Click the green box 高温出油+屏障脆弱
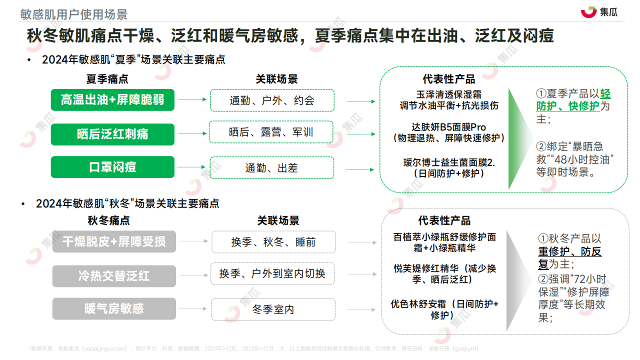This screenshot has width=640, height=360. pos(112,100)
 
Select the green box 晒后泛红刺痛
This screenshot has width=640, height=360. pos(112,134)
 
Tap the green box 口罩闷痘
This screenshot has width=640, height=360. pos(112,167)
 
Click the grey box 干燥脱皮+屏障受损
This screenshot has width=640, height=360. pos(114,241)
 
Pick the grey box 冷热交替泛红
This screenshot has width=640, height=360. pos(114,276)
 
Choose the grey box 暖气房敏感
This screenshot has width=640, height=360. pos(114,308)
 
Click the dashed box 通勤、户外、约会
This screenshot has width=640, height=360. pos(272,100)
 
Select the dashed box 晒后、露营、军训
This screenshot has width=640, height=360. pos(271,132)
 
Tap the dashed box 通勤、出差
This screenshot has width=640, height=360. pos(271,167)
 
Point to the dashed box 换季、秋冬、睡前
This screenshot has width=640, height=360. pos(273,242)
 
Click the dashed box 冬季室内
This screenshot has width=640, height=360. pos(273,309)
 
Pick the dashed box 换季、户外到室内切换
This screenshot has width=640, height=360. pos(272,273)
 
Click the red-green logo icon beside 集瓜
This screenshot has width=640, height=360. pos(588,12)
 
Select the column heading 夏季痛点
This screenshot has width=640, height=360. pos(107,79)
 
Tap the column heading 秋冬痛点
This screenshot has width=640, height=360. pos(108,220)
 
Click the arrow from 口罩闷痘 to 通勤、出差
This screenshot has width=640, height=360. pos(191,167)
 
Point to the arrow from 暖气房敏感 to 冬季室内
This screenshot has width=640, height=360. pos(192,308)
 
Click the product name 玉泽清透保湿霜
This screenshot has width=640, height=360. pos(449,94)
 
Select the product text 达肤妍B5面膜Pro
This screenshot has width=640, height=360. pos(449,127)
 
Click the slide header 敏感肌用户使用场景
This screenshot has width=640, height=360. pos(73,14)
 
